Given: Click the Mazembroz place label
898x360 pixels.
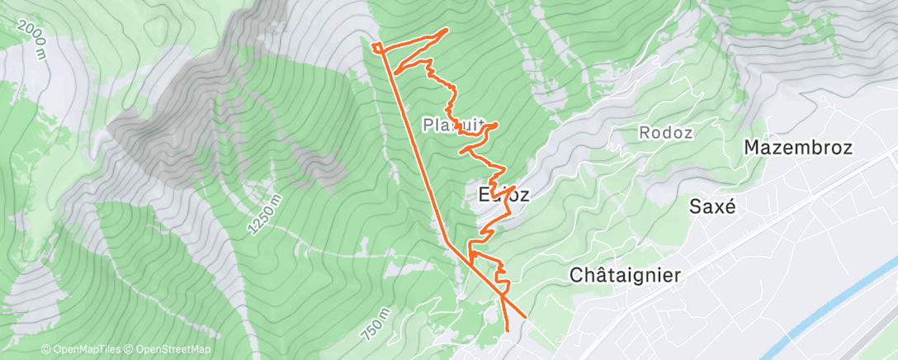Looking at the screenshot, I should click(797, 148).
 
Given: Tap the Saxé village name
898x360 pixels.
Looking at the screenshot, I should click(712, 207).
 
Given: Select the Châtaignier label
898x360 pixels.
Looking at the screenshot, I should click(626, 276).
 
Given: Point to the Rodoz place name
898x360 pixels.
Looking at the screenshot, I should click(665, 132).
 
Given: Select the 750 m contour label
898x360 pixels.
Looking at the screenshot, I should click(375, 323).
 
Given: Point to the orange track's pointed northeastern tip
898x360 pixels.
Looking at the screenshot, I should click(447, 30).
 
